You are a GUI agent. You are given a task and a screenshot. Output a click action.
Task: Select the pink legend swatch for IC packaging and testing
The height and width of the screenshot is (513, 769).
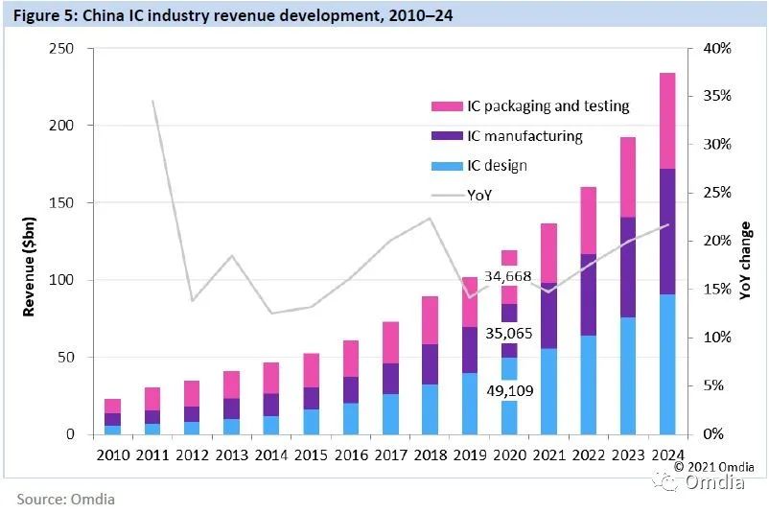click(447, 106)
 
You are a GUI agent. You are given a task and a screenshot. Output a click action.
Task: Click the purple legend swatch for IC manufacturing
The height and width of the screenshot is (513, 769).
click(447, 136)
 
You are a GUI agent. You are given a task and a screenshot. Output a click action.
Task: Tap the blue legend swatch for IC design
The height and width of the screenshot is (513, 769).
click(447, 166)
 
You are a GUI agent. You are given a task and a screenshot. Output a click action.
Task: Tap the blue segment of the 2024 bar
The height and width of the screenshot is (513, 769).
click(666, 364)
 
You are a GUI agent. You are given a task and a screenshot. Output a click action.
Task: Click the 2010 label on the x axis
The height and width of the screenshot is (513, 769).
click(113, 454)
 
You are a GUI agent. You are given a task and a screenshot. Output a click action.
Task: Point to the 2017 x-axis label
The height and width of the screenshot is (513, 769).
click(389, 454)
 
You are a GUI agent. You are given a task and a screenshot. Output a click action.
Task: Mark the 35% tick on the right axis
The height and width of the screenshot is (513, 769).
click(716, 96)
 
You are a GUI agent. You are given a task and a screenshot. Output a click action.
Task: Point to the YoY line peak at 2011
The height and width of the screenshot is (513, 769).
click(152, 101)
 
